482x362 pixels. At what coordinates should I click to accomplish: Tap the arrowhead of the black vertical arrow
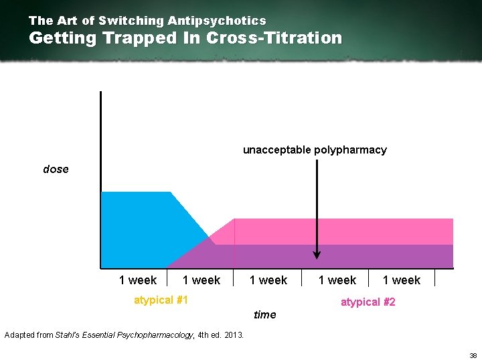(317, 255)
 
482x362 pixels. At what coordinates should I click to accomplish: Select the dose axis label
(56, 169)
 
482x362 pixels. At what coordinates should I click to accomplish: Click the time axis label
(264, 314)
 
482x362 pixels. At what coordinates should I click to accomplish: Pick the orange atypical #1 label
(161, 300)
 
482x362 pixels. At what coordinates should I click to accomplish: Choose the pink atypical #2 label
(368, 302)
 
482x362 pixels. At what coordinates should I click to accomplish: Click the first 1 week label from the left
(137, 280)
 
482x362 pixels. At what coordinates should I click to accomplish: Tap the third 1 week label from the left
(268, 280)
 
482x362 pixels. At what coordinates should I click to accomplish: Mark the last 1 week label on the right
(401, 280)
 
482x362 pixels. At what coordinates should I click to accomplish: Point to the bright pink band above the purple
(348, 231)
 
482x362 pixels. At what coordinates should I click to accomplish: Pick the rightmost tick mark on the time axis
(435, 278)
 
